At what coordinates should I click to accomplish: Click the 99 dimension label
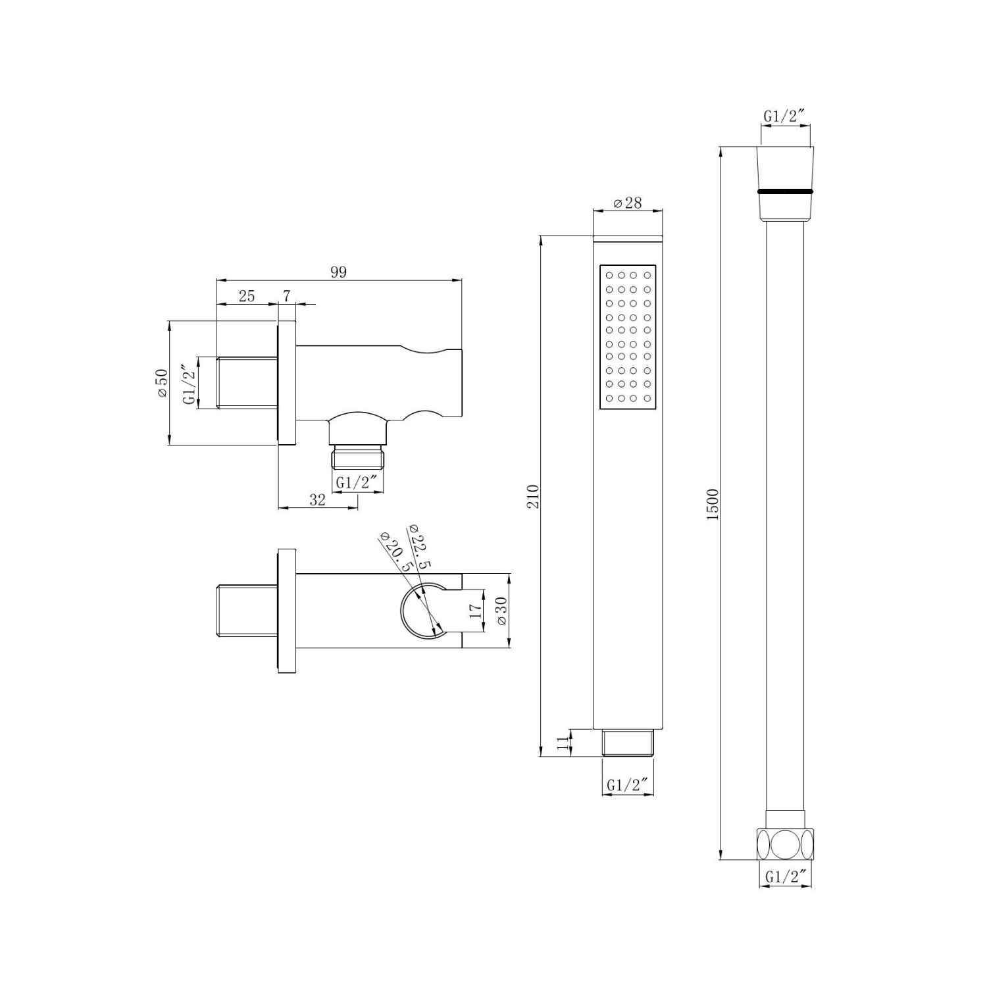[x=338, y=272]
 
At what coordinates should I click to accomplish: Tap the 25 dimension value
[x=247, y=296]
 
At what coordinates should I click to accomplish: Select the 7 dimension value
[x=287, y=296]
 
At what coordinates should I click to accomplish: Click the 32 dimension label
[x=318, y=499]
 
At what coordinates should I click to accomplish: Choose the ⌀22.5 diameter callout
[x=420, y=545]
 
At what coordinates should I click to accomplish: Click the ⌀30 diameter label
[x=501, y=611]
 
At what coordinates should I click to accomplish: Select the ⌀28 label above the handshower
[x=628, y=203]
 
